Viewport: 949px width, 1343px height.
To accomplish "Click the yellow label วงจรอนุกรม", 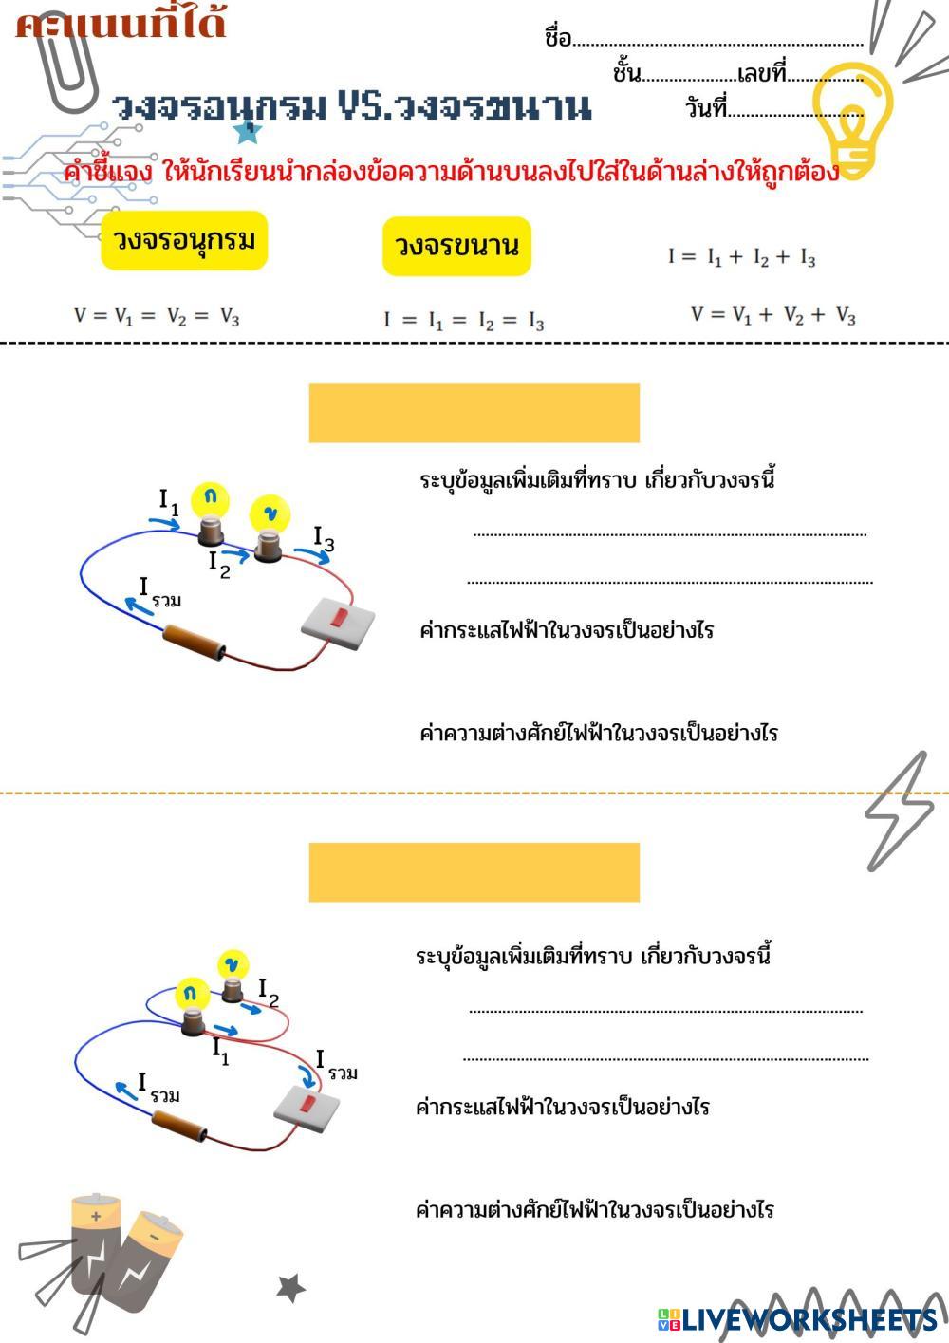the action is tap(184, 240).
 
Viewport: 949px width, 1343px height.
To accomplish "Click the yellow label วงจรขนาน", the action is tap(456, 246).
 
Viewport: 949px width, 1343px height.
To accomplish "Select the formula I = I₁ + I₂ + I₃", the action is tap(741, 256).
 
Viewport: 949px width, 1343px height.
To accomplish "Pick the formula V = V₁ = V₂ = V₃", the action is tap(157, 316).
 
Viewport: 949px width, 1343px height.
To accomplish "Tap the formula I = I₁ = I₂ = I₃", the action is tap(464, 320).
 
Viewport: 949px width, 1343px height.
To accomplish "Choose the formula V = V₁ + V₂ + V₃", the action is tap(772, 315).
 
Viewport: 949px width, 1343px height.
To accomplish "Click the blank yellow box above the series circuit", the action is tap(474, 413).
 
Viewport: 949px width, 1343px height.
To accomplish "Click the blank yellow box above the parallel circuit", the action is tap(474, 871).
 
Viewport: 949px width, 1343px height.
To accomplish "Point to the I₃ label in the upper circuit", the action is tap(324, 538).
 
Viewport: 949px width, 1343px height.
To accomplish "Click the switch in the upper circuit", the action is tap(338, 623).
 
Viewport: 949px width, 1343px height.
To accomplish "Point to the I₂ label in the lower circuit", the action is tap(269, 992).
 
